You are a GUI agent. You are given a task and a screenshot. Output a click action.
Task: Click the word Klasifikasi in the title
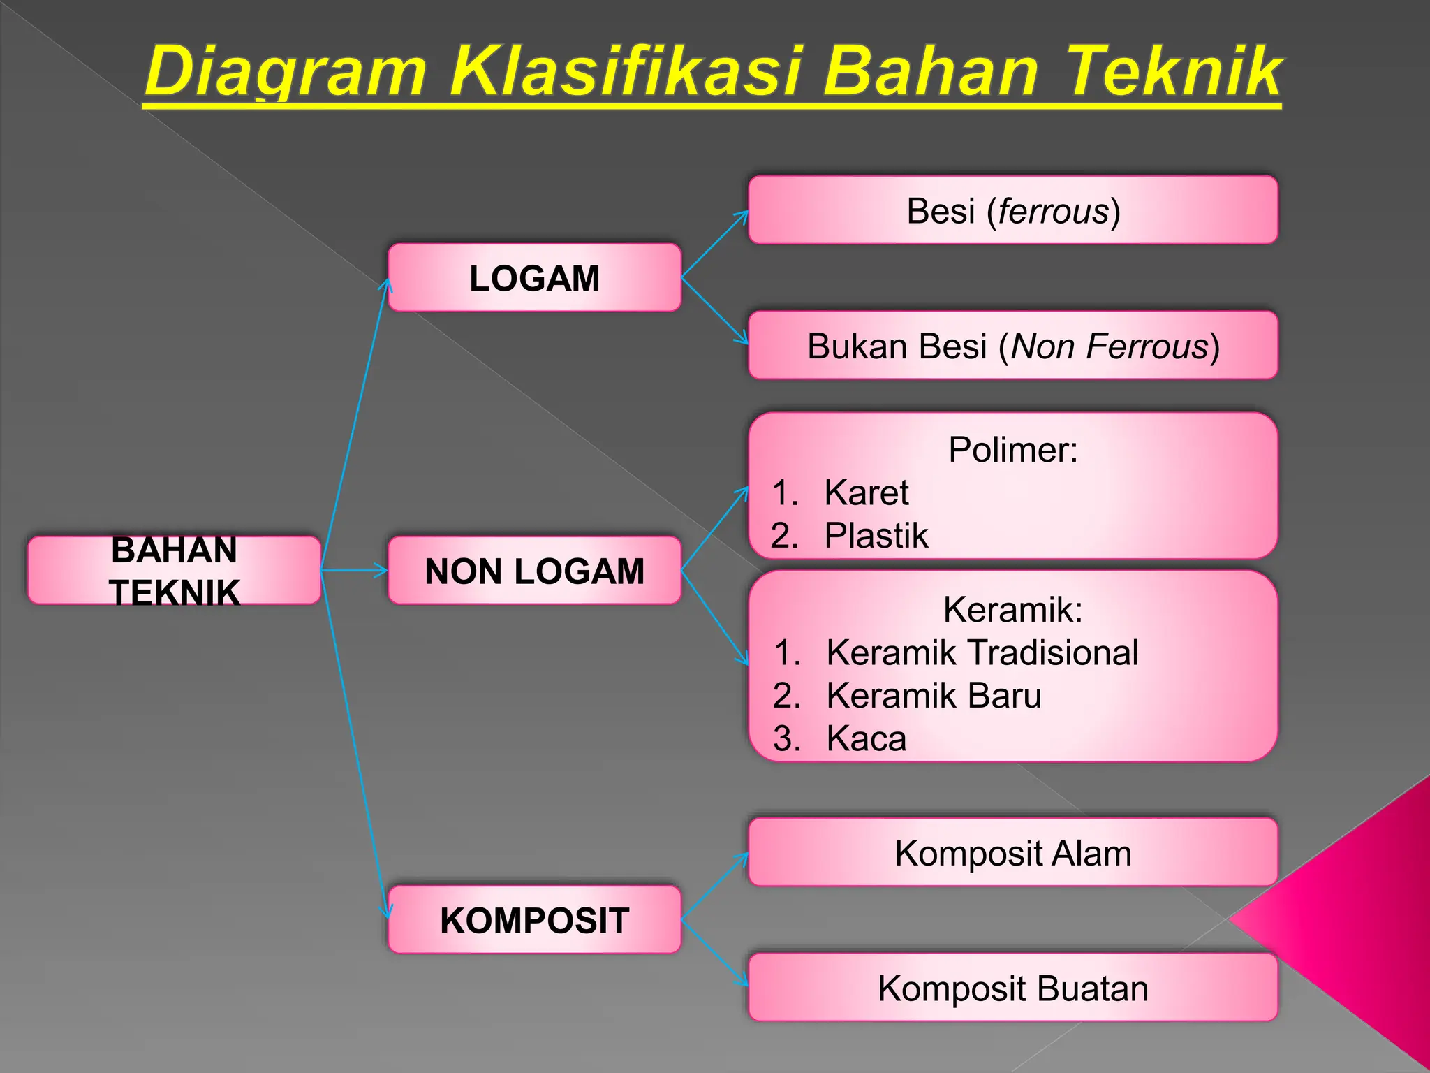point(625,72)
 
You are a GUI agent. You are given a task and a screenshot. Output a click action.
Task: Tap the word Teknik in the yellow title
point(1174,72)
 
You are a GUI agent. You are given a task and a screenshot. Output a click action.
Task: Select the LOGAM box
point(534,278)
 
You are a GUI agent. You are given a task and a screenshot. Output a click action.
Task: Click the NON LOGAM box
point(534,571)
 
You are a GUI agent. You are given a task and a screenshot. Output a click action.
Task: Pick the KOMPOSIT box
point(534,920)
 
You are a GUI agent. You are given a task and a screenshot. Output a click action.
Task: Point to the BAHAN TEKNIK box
point(174,571)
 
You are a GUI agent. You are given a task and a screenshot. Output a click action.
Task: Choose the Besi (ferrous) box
point(1012,210)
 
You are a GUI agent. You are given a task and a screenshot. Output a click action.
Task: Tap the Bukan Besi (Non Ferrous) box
point(1012,346)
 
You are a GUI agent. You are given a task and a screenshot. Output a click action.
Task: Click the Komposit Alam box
point(1012,853)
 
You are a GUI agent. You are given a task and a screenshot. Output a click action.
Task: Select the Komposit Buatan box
point(1012,988)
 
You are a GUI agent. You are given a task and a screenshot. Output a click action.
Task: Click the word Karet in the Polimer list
point(866,492)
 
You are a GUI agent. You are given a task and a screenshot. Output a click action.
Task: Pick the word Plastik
point(876,536)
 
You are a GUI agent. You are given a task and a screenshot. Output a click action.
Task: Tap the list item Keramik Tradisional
point(982,652)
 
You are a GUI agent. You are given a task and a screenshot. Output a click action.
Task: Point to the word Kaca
point(866,738)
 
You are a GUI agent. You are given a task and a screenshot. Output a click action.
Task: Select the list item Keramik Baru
point(934,696)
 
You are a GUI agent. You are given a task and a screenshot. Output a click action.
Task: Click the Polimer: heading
point(1012,449)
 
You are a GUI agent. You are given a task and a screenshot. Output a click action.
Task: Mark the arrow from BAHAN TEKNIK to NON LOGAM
point(354,571)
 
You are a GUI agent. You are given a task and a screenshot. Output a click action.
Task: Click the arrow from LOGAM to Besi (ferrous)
point(714,244)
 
